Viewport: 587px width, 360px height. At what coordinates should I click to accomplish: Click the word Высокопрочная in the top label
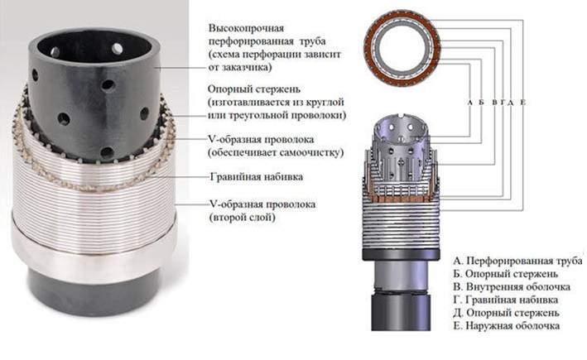click(247, 28)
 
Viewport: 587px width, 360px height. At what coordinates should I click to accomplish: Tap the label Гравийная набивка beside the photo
click(257, 176)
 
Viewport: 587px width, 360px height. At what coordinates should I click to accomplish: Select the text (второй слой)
click(243, 218)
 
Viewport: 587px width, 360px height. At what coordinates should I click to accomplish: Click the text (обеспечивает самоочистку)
click(276, 152)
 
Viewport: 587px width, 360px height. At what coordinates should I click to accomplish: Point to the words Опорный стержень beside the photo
click(254, 90)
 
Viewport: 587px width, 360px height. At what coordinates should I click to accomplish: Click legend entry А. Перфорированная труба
click(517, 261)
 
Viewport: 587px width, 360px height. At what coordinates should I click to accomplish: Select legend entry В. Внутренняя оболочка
click(512, 287)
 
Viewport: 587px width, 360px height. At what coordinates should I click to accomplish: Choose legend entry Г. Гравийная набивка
click(505, 300)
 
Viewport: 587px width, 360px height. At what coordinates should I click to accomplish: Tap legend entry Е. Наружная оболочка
click(507, 326)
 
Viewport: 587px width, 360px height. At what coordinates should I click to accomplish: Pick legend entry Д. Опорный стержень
click(506, 313)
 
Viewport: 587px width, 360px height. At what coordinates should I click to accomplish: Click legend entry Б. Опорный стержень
click(505, 274)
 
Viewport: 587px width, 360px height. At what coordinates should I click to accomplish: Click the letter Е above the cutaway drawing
click(523, 102)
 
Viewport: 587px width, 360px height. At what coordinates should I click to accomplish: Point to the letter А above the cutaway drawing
click(470, 102)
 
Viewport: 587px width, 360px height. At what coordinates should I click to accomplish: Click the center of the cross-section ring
click(402, 49)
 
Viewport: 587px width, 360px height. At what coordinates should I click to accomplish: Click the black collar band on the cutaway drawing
click(401, 253)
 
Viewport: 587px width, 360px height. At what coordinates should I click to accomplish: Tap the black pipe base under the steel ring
click(94, 295)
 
